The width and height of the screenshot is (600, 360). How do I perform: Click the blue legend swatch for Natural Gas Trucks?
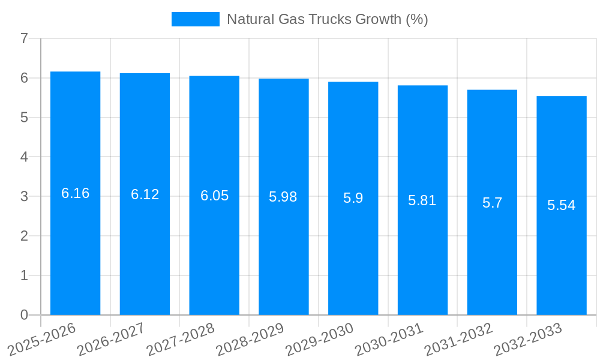pos(196,19)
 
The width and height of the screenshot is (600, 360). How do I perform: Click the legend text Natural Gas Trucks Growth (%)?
pos(327,19)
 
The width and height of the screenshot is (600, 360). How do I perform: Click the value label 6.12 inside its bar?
pos(145,194)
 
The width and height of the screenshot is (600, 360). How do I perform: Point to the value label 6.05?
pos(214,196)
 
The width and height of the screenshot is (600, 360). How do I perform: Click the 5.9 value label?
pos(353,198)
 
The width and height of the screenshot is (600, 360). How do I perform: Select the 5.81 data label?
pos(422,200)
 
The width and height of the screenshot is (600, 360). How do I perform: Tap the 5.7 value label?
pos(492,203)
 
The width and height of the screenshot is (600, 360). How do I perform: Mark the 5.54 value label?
pos(561,205)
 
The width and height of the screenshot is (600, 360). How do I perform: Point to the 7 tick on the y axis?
pos(24,38)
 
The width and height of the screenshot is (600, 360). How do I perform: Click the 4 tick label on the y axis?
pos(24,157)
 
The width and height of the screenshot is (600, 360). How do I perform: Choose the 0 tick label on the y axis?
pos(24,315)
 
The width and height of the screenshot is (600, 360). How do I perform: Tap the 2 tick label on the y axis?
pos(24,236)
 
